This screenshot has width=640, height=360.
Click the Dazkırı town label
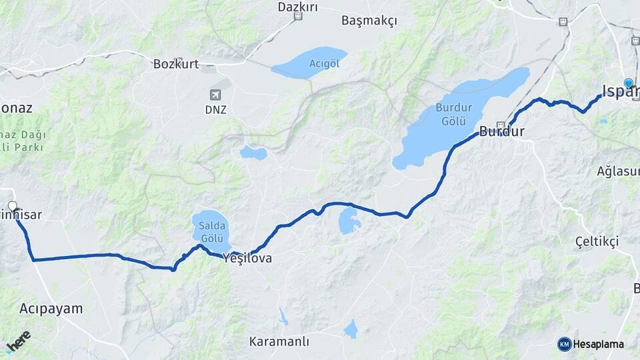297,7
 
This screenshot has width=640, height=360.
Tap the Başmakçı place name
369,21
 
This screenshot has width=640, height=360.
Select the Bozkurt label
176,65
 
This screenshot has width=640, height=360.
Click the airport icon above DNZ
215,95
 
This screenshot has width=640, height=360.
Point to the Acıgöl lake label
310,63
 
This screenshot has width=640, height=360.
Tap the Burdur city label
501,131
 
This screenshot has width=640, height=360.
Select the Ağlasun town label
618,171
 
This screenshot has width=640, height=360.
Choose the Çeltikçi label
597,241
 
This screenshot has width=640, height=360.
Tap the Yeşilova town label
248,258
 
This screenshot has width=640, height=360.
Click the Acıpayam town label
51,309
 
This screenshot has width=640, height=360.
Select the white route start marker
12,206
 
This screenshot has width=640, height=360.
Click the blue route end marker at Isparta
628,83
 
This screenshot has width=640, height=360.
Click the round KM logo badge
565,344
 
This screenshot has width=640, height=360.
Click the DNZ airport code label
215,109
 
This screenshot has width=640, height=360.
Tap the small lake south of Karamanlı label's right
351,329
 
